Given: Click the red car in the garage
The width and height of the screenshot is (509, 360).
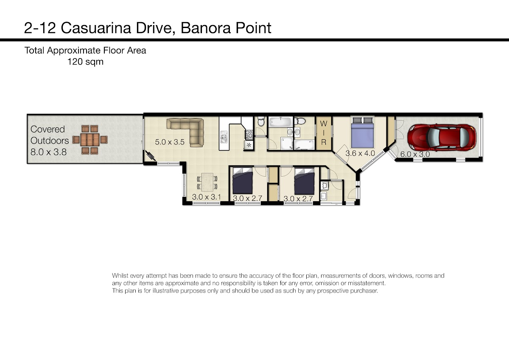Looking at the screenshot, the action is click(x=442, y=138).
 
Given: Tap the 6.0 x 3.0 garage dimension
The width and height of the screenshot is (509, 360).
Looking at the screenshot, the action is click(x=415, y=154).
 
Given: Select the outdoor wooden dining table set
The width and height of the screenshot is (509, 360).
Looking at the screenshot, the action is click(x=90, y=140).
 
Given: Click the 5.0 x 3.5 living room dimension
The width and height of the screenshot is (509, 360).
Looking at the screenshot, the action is click(x=170, y=142).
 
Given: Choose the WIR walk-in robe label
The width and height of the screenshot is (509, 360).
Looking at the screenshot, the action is click(x=324, y=133).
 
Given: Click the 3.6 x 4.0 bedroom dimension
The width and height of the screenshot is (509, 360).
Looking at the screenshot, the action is click(x=360, y=153).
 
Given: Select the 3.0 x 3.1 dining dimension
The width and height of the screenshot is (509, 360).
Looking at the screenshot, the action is click(x=206, y=197).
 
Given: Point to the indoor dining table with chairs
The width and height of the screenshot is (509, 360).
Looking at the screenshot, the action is click(x=207, y=182).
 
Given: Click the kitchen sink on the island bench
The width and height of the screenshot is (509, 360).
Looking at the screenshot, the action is click(x=224, y=137).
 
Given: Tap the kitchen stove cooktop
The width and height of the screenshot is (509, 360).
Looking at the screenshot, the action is click(x=249, y=135).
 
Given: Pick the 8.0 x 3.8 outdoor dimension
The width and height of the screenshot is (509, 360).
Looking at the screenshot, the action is click(x=48, y=152).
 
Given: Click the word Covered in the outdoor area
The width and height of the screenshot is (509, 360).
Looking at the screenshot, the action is click(x=48, y=129).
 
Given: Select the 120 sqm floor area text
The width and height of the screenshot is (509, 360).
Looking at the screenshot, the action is click(x=85, y=62).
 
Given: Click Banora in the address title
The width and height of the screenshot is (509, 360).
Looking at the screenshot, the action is click(x=206, y=28).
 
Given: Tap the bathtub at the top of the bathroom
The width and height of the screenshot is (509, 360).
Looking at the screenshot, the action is click(x=281, y=122).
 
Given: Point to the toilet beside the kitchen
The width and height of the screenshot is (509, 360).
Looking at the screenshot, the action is click(x=261, y=121).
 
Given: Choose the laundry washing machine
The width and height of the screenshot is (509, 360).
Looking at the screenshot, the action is click(x=324, y=185).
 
